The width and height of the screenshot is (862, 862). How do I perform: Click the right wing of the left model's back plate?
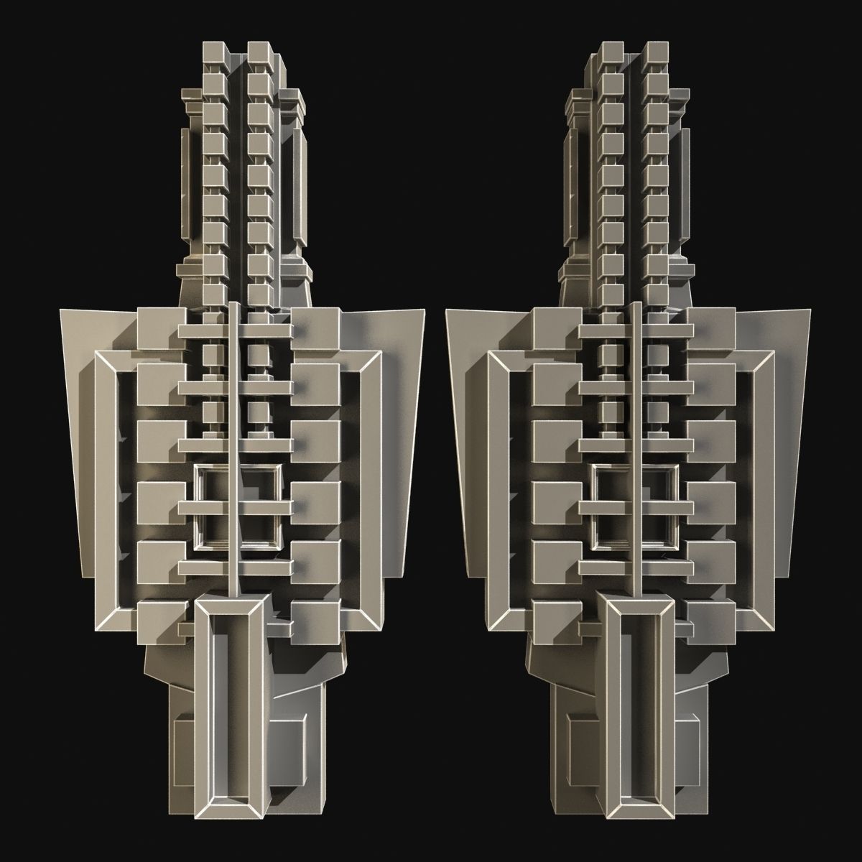coord(402,431)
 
